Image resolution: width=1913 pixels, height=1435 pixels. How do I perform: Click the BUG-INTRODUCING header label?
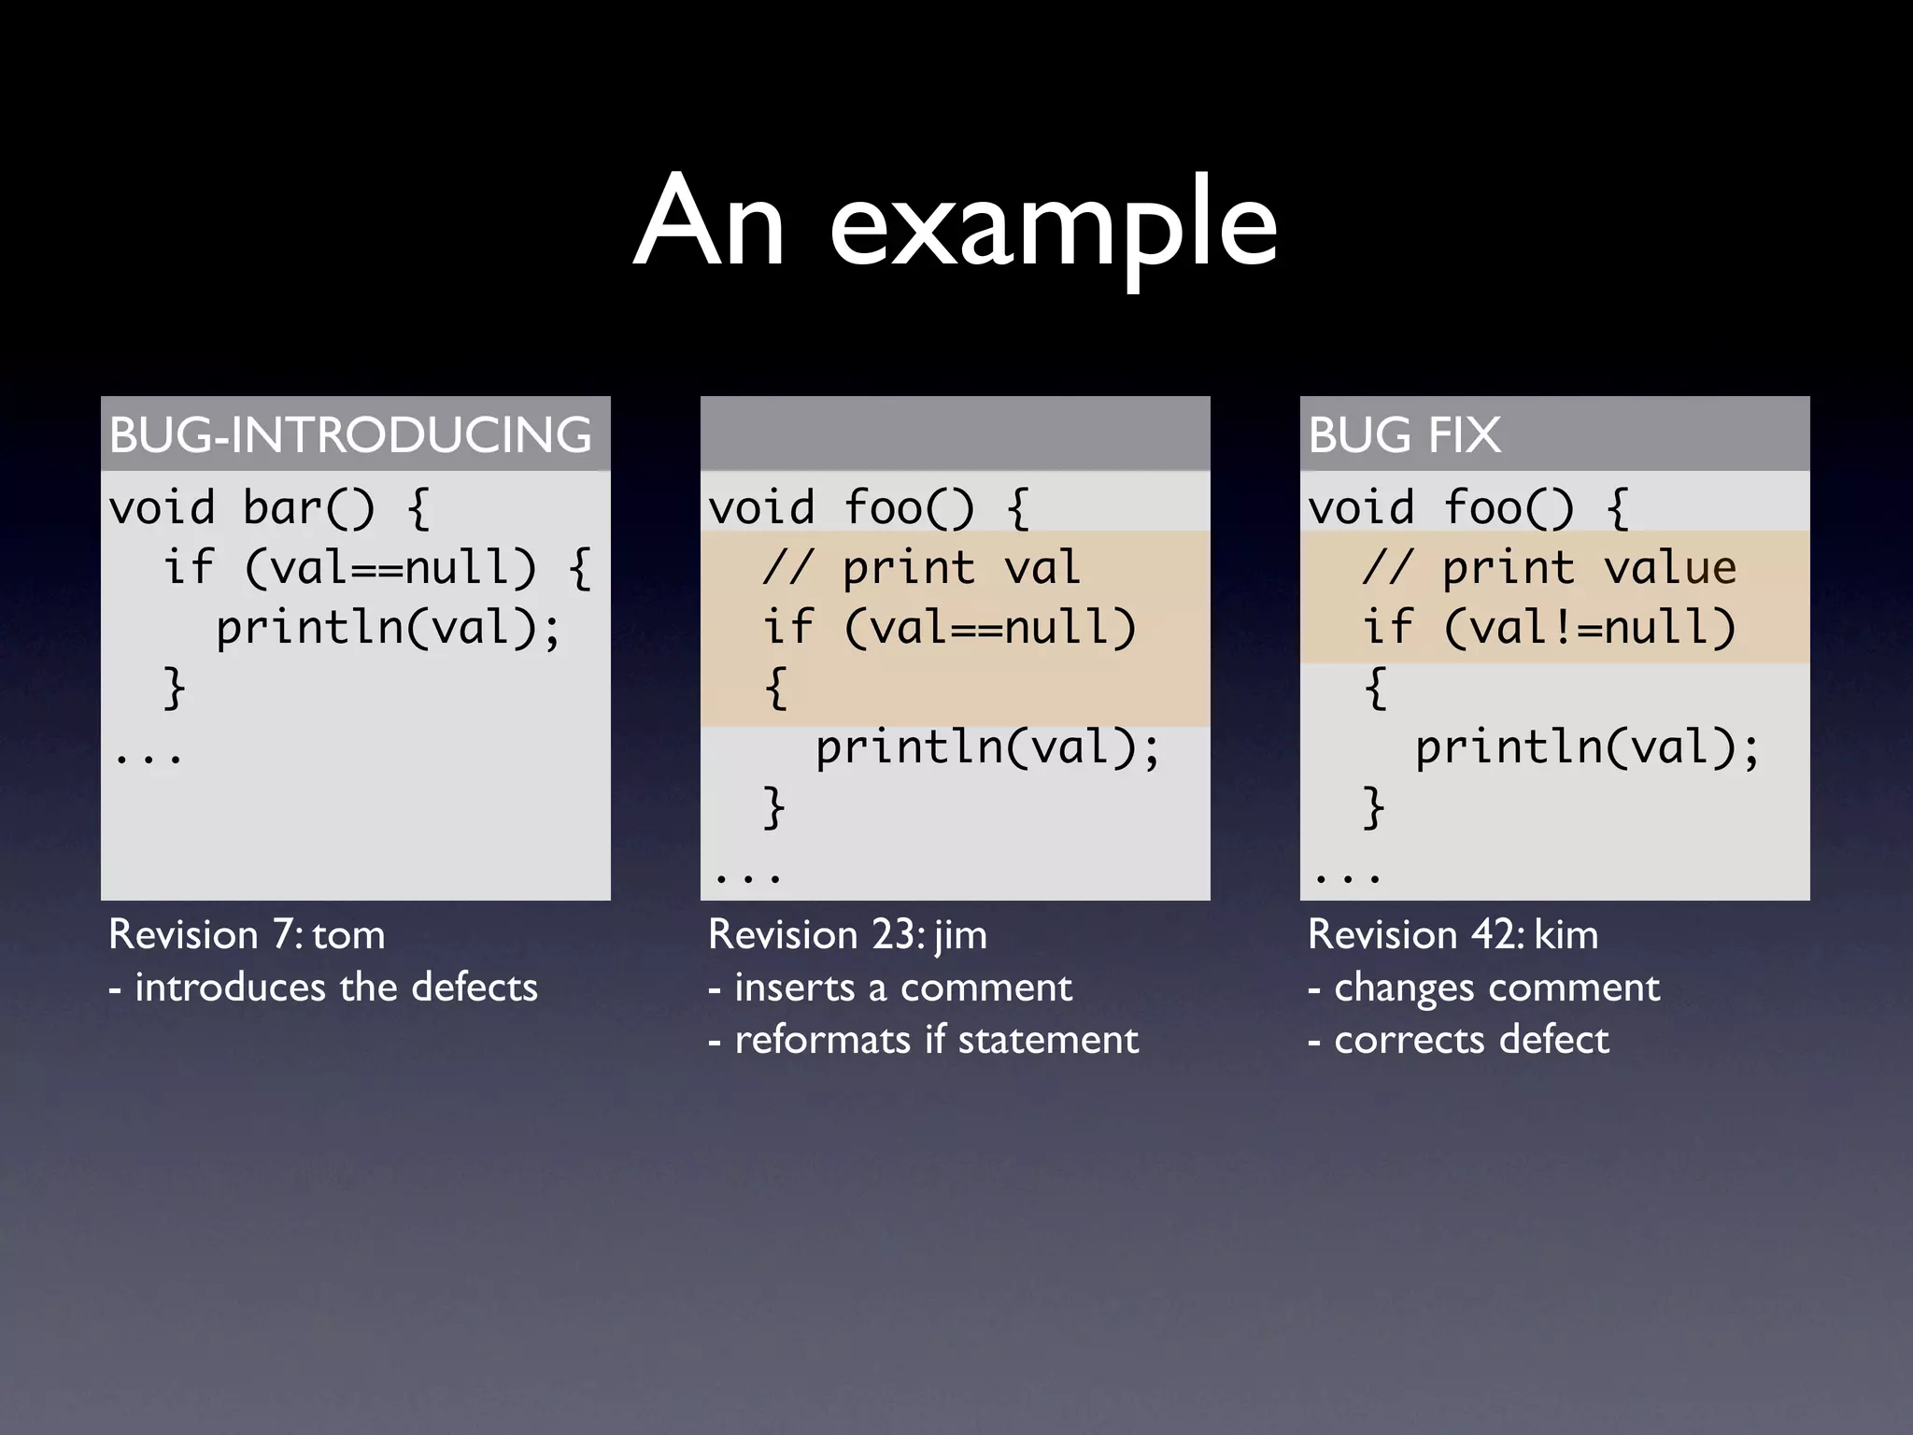coord(350,435)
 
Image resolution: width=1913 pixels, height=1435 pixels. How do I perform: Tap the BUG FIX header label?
coord(1404,435)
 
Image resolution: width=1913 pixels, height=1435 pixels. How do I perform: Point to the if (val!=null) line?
coord(1549,628)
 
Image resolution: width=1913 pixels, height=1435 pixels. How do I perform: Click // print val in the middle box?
coord(921,568)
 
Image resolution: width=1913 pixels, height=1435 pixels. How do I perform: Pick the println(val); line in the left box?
coord(389,628)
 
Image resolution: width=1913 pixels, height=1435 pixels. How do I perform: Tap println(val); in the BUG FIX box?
coord(1587,747)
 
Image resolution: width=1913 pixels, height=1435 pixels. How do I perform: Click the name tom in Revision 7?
coord(347,935)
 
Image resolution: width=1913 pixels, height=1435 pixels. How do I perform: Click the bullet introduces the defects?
coord(323,987)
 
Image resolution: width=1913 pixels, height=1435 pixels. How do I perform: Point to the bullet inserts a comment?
coord(890,987)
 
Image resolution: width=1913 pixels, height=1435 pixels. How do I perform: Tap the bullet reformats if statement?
coord(923,1040)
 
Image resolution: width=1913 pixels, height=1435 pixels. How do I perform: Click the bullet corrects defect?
coord(1458,1040)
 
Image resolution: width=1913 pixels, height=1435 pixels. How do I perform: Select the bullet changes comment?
coord(1483,987)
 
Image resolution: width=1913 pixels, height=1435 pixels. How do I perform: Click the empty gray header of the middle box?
coord(955,433)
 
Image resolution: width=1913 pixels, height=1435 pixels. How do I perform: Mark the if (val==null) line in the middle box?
coord(949,628)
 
